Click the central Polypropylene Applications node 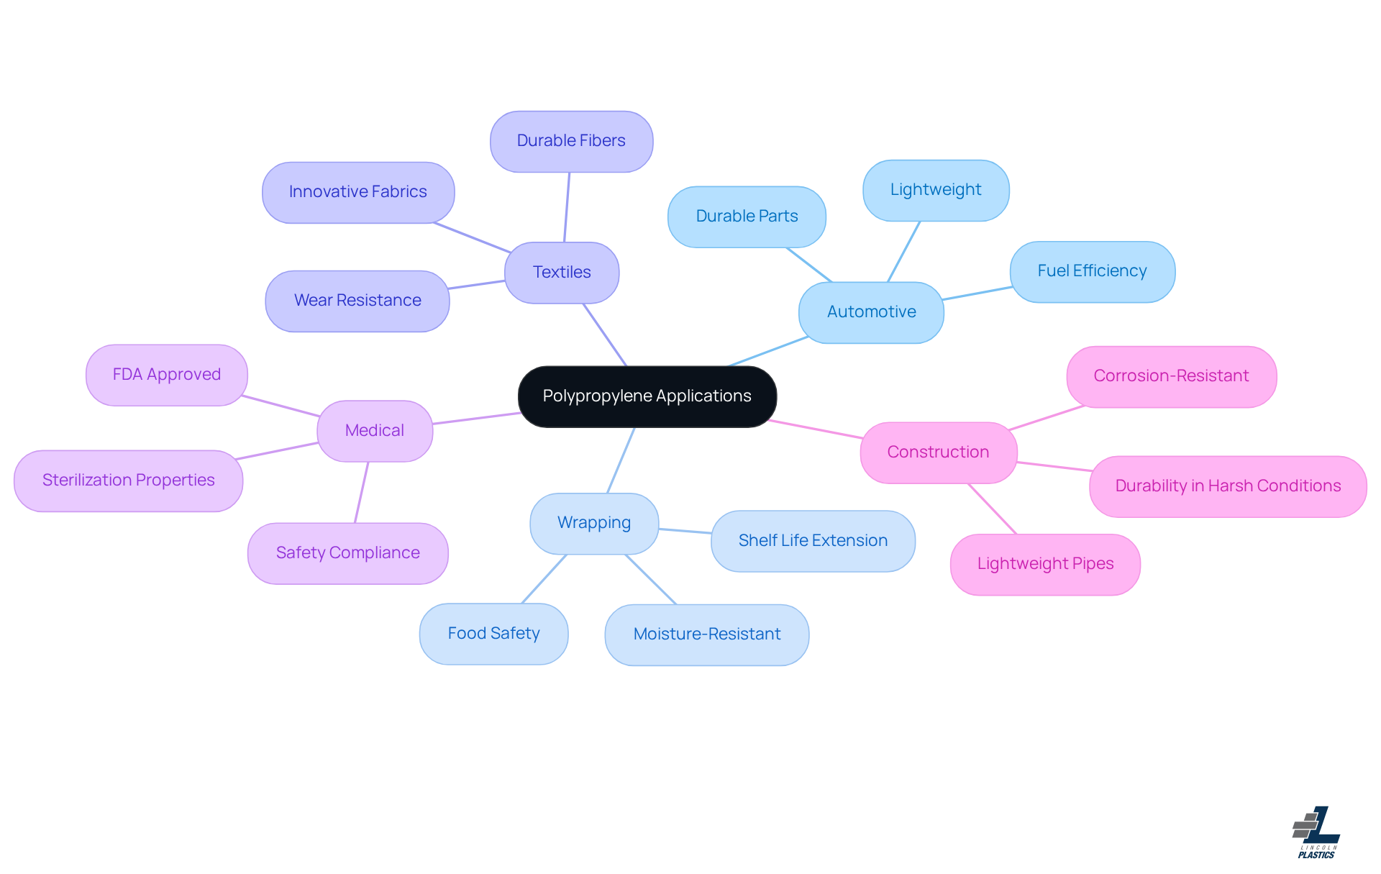[x=647, y=396]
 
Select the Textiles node [x=562, y=273]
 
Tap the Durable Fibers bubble [x=571, y=141]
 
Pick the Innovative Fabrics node [x=357, y=192]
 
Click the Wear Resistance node [x=357, y=301]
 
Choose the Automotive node [x=871, y=312]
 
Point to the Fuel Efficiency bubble [x=1092, y=271]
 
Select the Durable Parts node [x=747, y=217]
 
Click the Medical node [x=374, y=431]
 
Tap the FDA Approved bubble [x=166, y=375]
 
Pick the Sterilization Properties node [x=128, y=481]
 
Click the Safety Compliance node [x=347, y=553]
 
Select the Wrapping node [x=594, y=523]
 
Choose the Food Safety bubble [x=493, y=634]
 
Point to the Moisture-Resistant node [x=707, y=634]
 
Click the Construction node [x=938, y=452]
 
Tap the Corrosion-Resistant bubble [x=1171, y=376]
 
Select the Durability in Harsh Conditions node [x=1228, y=486]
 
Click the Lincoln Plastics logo [x=1316, y=832]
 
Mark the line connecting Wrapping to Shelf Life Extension [x=685, y=531]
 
